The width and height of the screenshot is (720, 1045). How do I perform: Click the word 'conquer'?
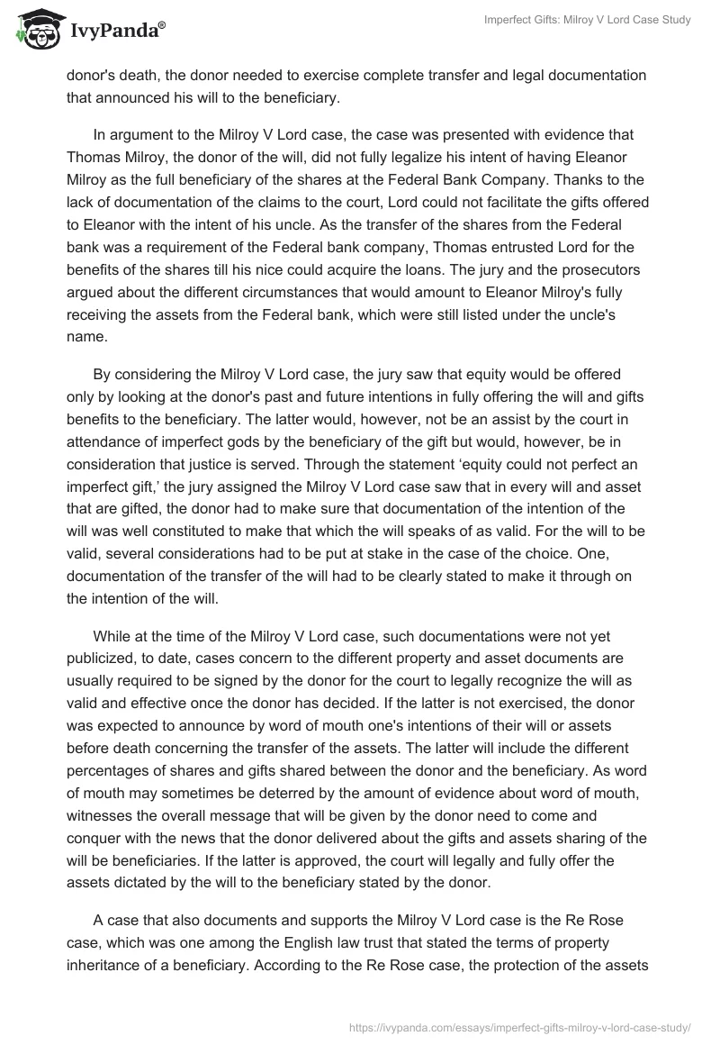94,833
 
